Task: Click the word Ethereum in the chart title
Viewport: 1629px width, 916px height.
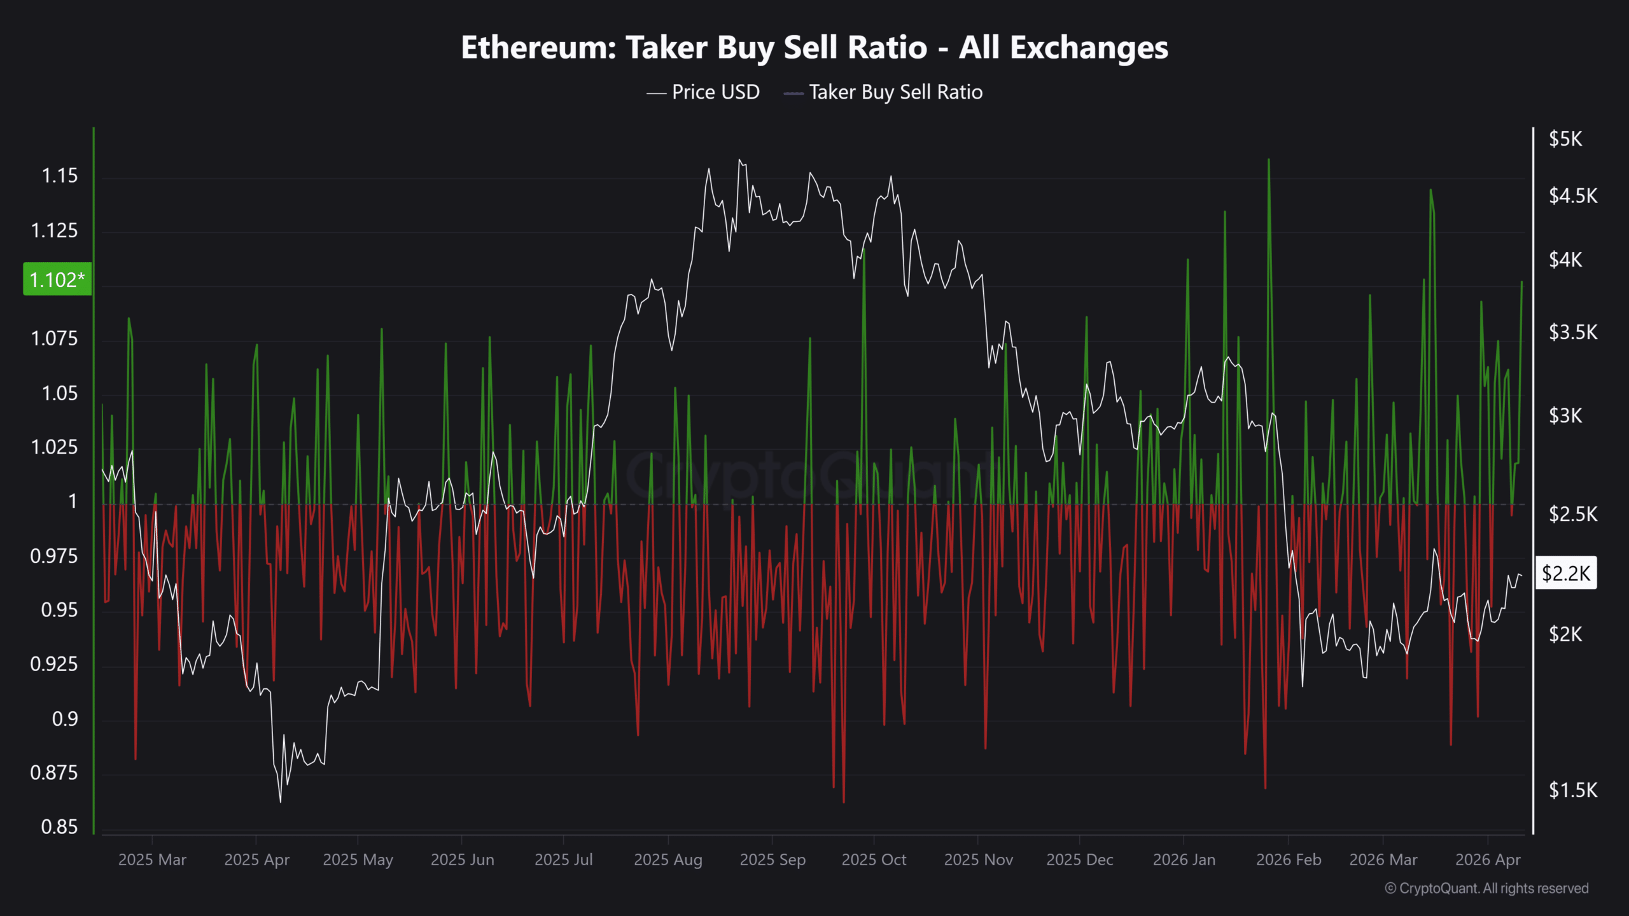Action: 538,48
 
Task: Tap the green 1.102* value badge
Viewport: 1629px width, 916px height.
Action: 57,279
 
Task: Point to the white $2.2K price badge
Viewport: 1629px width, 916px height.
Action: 1566,573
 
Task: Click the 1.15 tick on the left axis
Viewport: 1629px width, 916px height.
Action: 60,176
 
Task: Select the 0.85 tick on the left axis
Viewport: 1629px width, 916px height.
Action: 60,827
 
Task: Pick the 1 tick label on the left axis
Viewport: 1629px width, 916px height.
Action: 73,501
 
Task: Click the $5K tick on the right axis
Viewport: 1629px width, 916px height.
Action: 1565,139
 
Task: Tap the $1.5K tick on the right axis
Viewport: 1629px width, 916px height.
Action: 1573,790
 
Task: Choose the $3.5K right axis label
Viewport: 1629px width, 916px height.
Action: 1573,332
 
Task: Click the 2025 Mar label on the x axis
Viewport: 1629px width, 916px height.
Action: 152,860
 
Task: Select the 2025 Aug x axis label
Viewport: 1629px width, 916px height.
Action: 668,860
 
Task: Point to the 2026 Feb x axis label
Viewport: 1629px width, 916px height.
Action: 1289,860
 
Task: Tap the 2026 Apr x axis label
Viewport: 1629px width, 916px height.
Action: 1488,860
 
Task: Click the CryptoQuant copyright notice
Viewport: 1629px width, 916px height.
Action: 1486,889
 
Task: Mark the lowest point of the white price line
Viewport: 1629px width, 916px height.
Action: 281,801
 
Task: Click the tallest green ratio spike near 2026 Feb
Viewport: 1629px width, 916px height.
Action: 1269,160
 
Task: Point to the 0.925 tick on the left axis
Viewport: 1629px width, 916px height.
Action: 54,664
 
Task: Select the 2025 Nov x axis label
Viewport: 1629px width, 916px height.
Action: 978,860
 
